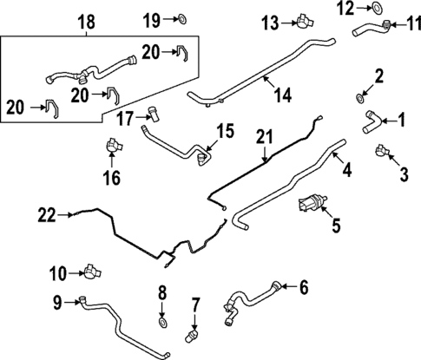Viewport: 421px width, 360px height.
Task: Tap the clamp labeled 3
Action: tap(381, 153)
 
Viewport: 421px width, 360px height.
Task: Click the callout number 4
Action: tap(345, 172)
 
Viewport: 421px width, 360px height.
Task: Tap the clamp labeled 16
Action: tap(112, 147)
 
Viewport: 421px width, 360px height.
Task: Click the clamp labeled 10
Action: tap(89, 272)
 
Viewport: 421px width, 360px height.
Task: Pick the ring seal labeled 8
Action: tap(162, 324)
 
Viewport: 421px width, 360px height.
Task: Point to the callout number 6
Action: tap(304, 285)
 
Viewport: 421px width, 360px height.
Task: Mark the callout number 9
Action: tap(56, 302)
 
